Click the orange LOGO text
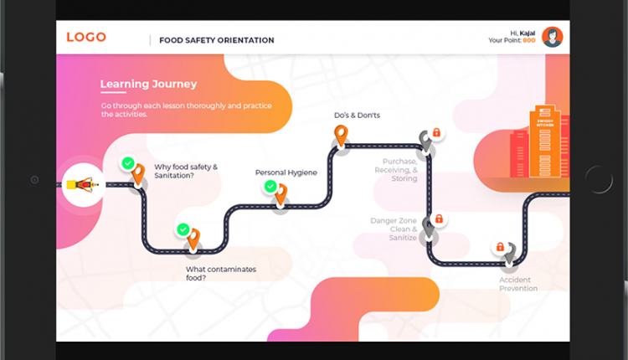[x=86, y=37]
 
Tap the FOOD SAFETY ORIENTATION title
[x=217, y=40]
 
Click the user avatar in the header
[x=552, y=37]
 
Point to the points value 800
[x=529, y=40]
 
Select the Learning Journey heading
[x=148, y=84]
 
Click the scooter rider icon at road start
[x=84, y=183]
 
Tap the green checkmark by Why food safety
[x=127, y=163]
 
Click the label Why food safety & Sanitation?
[x=186, y=172]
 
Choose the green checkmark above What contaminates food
[x=183, y=229]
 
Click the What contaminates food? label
[x=221, y=274]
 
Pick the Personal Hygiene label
[x=286, y=172]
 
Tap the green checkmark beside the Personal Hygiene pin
[x=270, y=186]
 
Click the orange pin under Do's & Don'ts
[x=340, y=135]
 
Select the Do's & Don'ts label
[x=357, y=115]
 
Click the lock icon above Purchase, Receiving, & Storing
[x=435, y=133]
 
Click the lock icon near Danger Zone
[x=439, y=219]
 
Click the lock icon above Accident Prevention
[x=500, y=247]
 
